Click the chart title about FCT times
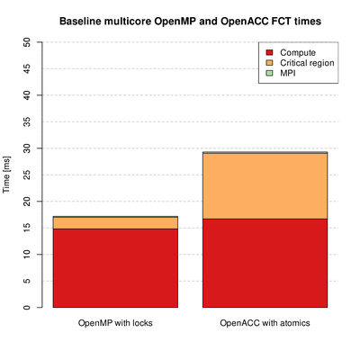click(190, 22)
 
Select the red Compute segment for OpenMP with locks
click(115, 268)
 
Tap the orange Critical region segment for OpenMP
click(115, 223)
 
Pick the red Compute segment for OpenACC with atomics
click(265, 263)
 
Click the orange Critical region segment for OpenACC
click(265, 186)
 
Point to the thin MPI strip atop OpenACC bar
click(265, 153)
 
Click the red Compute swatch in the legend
click(269, 52)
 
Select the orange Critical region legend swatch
click(269, 63)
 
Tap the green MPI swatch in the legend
click(269, 73)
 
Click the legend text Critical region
click(307, 63)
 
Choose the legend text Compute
click(298, 53)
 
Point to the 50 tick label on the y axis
click(27, 42)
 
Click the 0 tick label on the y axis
click(27, 307)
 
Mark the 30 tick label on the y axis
click(27, 148)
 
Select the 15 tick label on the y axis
click(27, 228)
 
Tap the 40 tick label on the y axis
click(27, 95)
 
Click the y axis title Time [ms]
click(6, 175)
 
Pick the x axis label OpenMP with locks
click(115, 323)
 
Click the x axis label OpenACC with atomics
click(265, 323)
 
